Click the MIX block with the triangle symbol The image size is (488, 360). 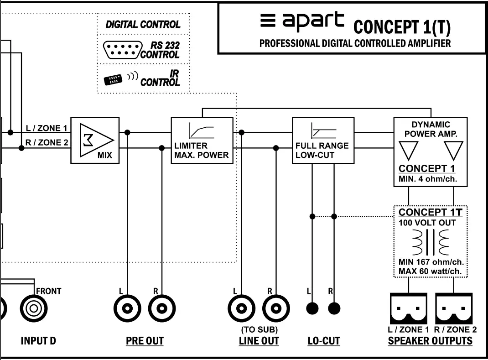(95, 140)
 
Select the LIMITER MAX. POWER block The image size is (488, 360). (202, 140)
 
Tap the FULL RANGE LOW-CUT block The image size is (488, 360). (323, 140)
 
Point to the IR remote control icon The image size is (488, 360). (114, 80)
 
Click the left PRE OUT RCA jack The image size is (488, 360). (127, 308)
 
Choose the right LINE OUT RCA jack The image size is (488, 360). (275, 308)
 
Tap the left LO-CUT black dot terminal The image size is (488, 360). (312, 308)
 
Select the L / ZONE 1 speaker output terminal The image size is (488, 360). (409, 308)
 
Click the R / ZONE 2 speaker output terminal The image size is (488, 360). (454, 308)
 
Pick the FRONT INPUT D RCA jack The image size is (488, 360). (34, 308)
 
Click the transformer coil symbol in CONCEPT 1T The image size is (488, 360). (430, 242)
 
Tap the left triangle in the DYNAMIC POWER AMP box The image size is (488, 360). (408, 150)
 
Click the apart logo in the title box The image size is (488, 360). (302, 21)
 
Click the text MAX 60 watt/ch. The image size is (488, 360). (430, 272)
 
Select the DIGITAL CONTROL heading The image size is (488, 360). (143, 25)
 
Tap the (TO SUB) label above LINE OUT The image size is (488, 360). (259, 329)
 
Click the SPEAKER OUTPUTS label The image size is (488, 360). (430, 341)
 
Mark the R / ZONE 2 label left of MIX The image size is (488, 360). (47, 143)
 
